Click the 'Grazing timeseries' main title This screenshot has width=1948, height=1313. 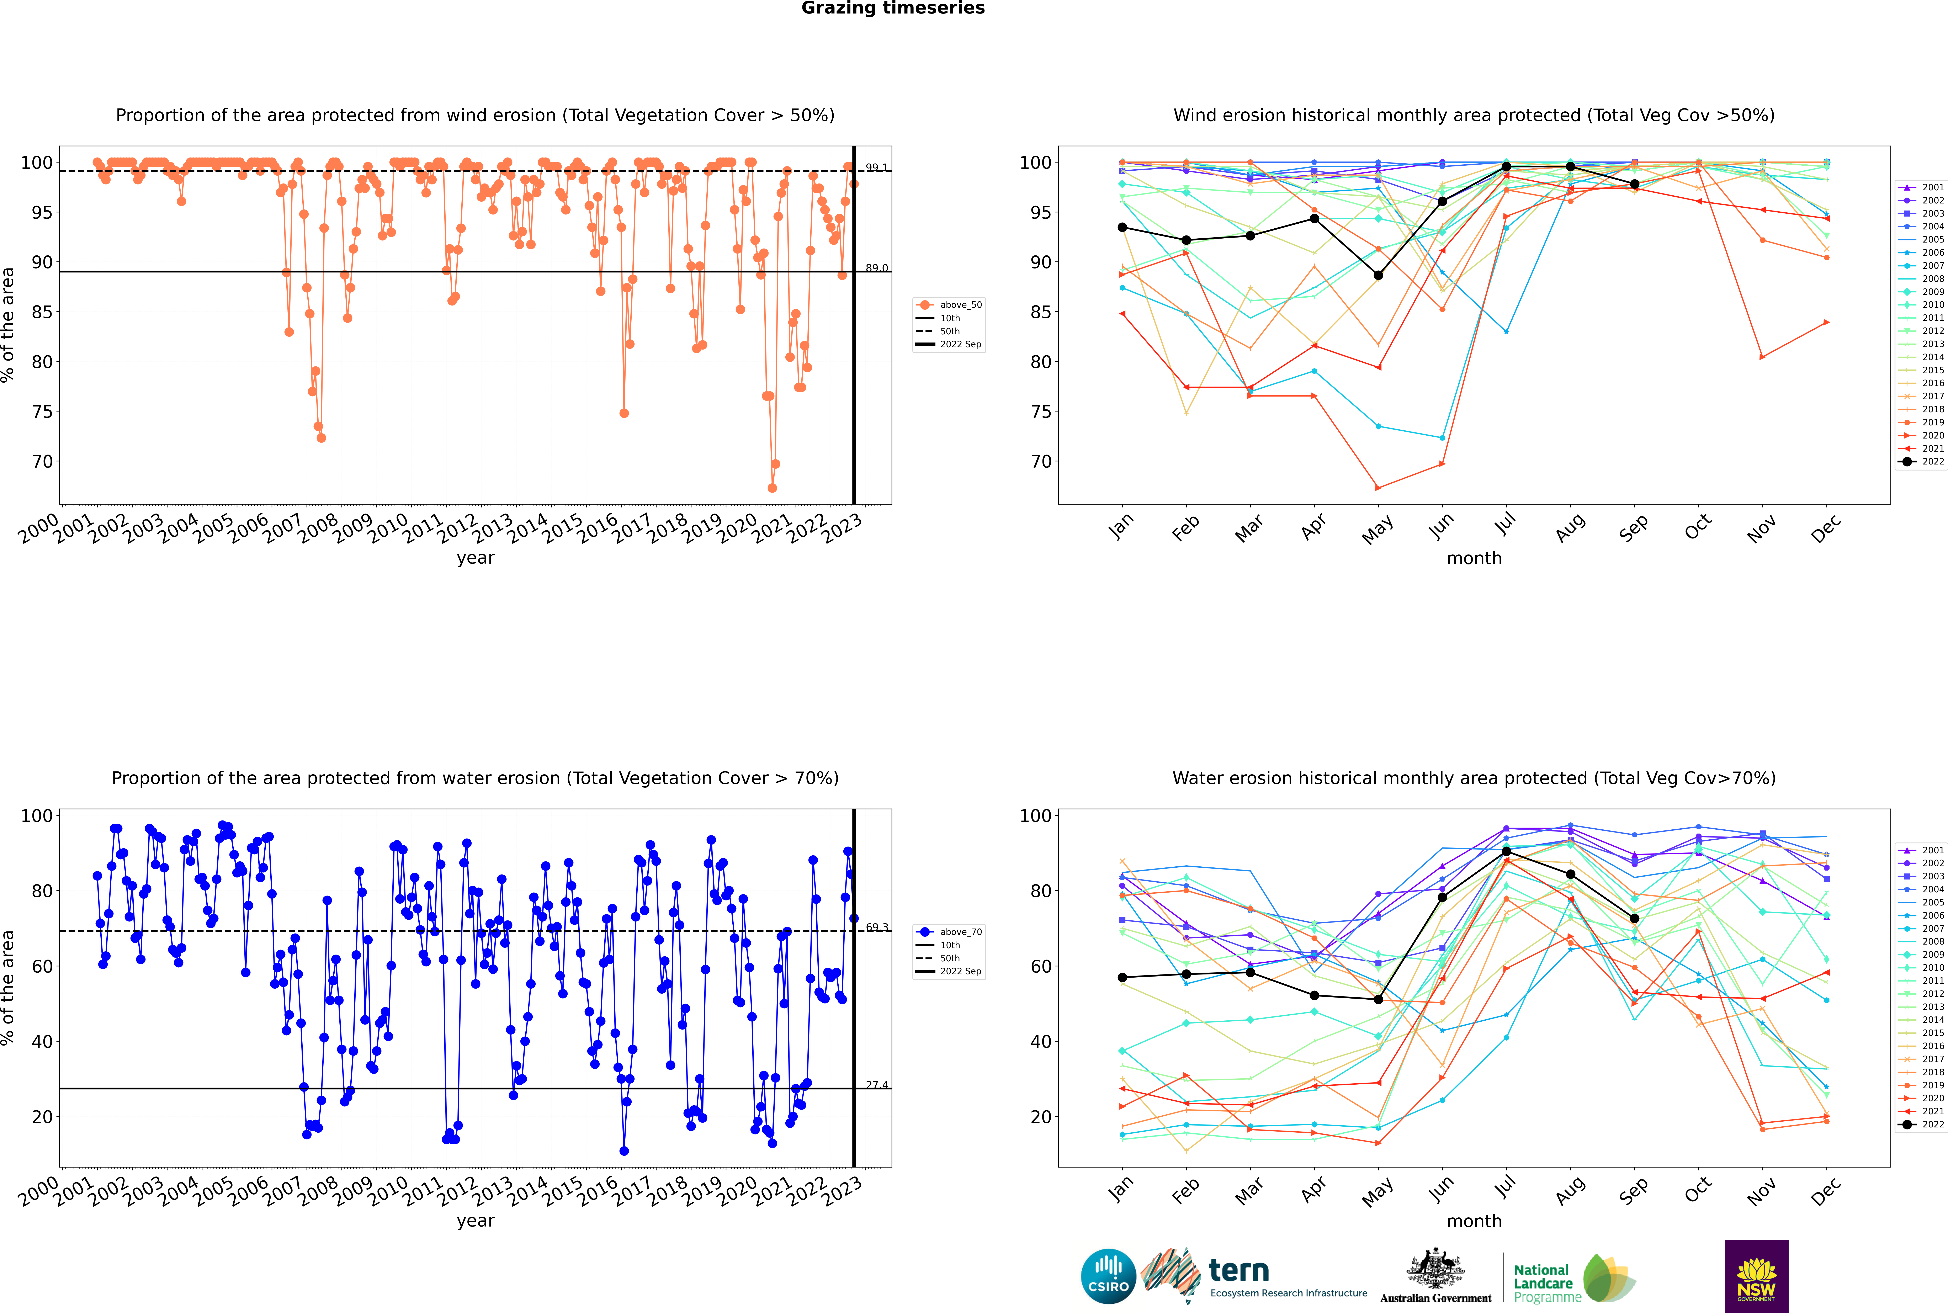pos(893,8)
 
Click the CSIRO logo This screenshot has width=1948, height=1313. pos(1108,1276)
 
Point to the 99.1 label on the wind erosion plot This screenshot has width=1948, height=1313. pos(876,168)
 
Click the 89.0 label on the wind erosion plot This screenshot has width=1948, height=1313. pos(876,268)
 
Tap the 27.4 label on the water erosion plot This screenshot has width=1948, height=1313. pos(876,1084)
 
